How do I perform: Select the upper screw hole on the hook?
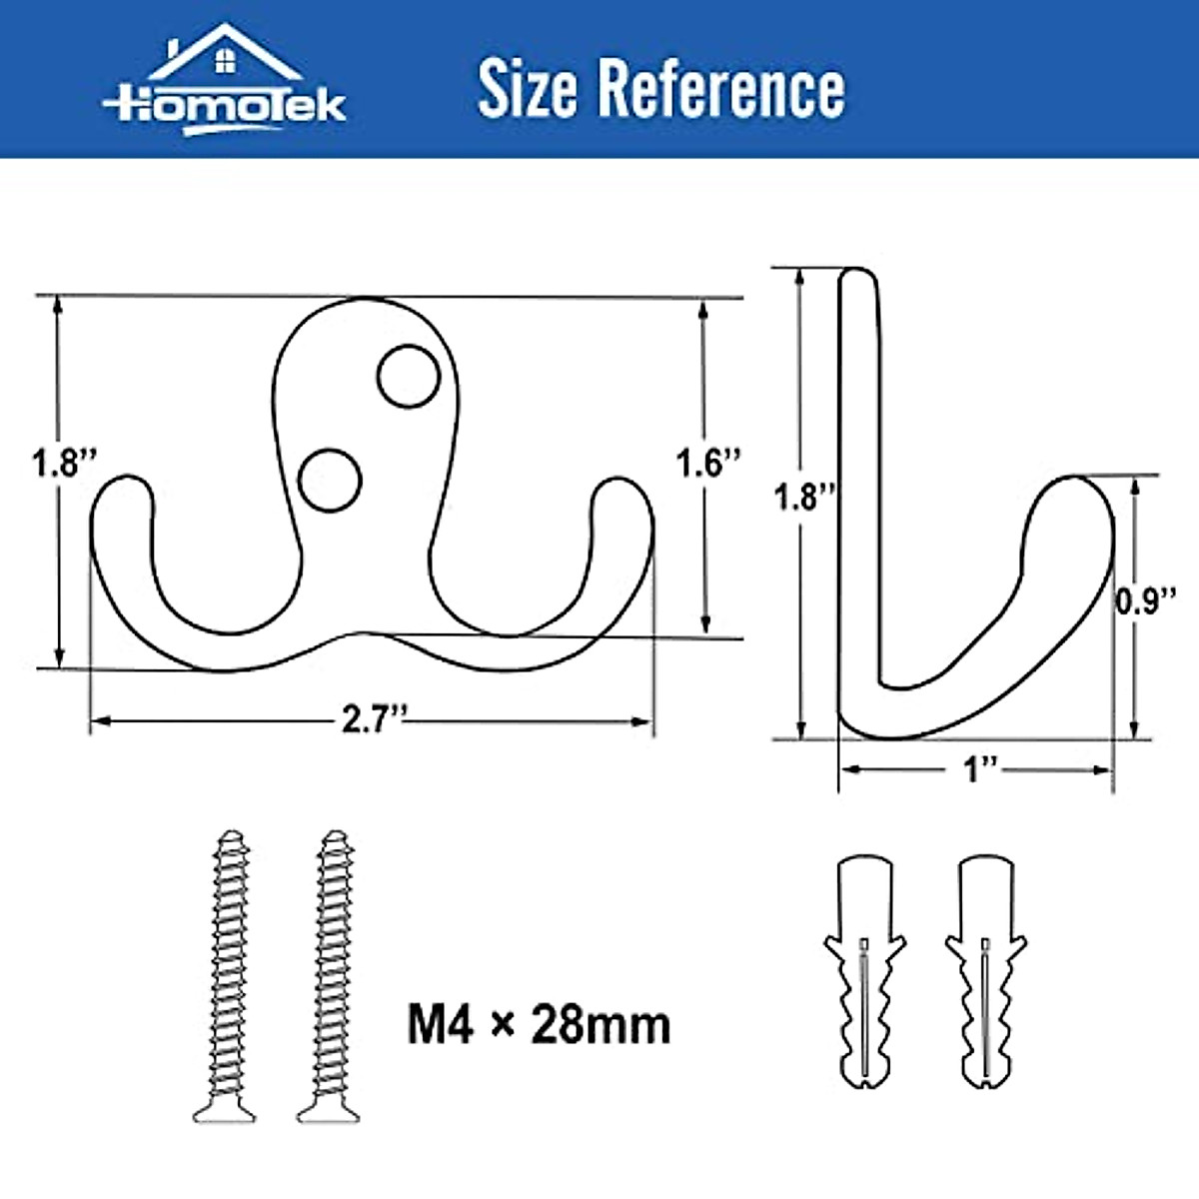tap(409, 376)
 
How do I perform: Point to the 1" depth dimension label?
tap(978, 769)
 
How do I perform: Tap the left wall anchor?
tap(864, 969)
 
